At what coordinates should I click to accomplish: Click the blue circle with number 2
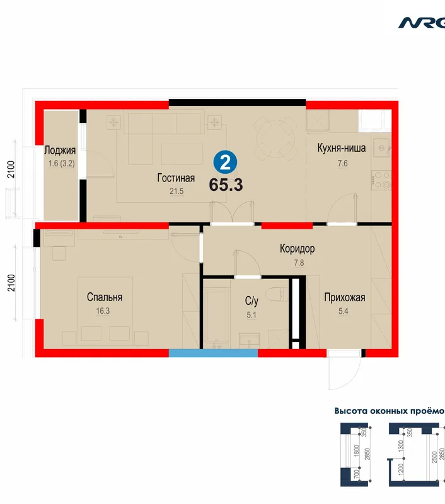[x=226, y=163]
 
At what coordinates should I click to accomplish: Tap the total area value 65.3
[x=226, y=185]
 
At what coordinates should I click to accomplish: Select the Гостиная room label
[x=176, y=178]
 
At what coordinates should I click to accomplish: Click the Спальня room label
[x=105, y=297]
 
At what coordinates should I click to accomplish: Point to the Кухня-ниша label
[x=342, y=148]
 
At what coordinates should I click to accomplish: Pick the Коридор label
[x=297, y=249]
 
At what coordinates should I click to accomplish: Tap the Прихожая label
[x=344, y=297]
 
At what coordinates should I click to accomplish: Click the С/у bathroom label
[x=251, y=301]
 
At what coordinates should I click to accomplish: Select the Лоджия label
[x=60, y=151]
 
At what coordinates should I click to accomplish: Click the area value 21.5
[x=176, y=192]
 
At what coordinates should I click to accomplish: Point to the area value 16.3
[x=103, y=311]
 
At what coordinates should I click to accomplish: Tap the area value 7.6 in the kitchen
[x=343, y=163]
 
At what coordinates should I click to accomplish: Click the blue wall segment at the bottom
[x=214, y=353]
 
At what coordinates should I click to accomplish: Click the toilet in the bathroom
[x=277, y=294]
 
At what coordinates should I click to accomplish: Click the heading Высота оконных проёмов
[x=390, y=411]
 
